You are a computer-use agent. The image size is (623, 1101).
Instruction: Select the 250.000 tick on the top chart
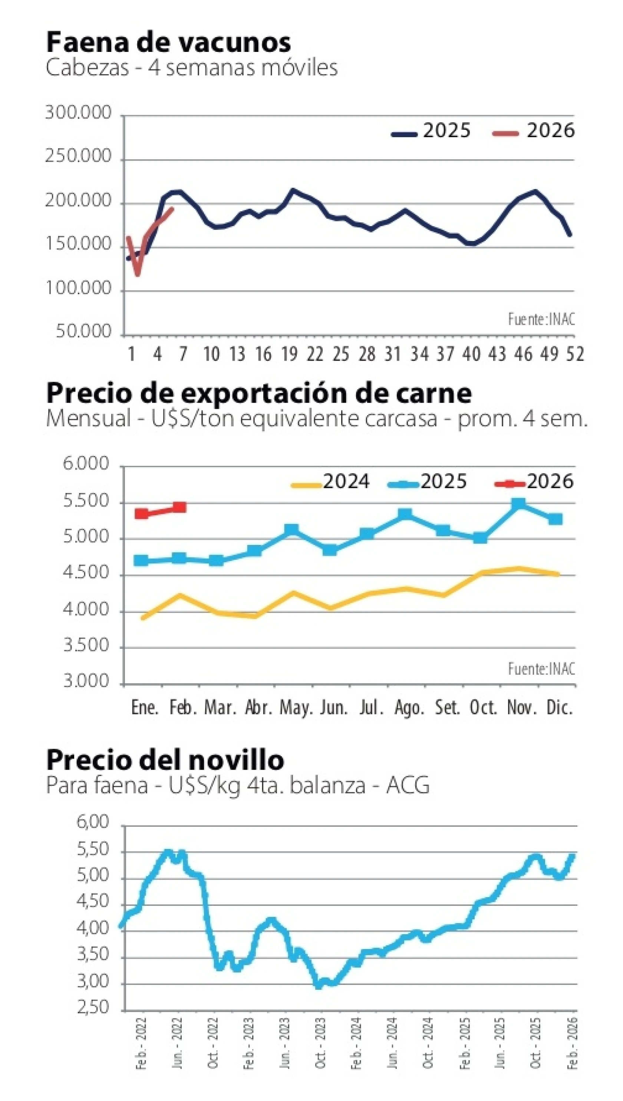pyautogui.click(x=78, y=157)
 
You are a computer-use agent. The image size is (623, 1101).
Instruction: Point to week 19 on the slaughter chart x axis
pyautogui.click(x=289, y=354)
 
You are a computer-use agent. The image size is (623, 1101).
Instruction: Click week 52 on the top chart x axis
pyautogui.click(x=575, y=354)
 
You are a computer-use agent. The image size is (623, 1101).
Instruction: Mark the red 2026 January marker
pyautogui.click(x=142, y=514)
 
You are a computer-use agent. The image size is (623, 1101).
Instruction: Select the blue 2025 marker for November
pyautogui.click(x=518, y=503)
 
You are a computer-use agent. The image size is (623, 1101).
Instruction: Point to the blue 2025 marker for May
pyautogui.click(x=291, y=530)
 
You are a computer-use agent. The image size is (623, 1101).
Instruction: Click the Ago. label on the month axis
pyautogui.click(x=409, y=708)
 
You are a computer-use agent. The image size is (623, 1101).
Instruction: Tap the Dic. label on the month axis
pyautogui.click(x=559, y=708)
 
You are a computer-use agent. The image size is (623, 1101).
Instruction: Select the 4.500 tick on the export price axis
pyautogui.click(x=86, y=573)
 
